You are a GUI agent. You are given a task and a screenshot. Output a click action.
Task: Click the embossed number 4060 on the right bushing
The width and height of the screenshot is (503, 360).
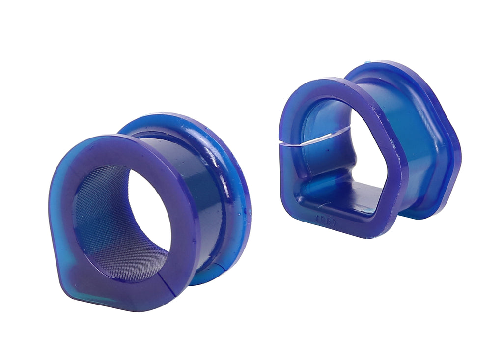pos(326,222)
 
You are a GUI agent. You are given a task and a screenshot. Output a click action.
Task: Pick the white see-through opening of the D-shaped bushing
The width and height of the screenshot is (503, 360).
pos(366,147)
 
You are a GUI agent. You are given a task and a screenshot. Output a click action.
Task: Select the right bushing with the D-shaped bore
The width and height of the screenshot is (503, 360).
pos(368,147)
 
